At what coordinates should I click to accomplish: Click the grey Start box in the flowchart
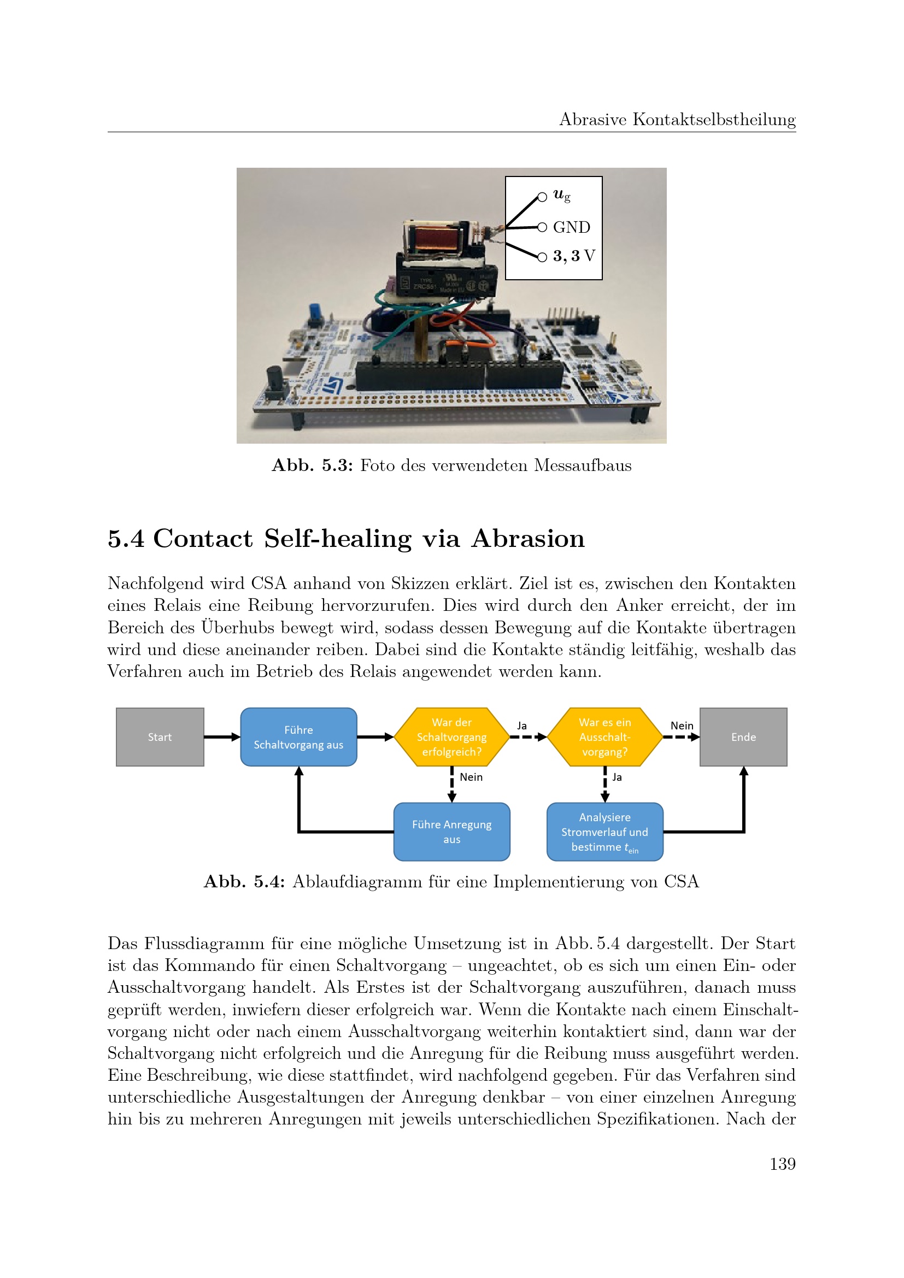pos(160,737)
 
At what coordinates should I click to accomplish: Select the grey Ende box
pos(743,737)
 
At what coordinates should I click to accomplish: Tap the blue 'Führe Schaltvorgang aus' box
pos(298,737)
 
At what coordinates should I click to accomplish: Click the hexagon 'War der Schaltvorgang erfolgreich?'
pos(451,737)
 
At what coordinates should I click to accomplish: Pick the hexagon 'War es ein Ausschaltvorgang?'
pos(604,737)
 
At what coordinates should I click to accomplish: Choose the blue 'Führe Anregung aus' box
pos(451,832)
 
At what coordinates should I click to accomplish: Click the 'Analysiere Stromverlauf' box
pos(604,832)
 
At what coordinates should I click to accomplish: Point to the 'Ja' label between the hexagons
pos(521,725)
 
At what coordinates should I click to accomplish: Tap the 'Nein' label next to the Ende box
pos(682,725)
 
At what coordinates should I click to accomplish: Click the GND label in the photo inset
pos(571,227)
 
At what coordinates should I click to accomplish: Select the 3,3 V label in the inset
pos(573,256)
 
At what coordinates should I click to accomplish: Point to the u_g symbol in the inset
pos(561,196)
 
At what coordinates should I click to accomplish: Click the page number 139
pos(782,1163)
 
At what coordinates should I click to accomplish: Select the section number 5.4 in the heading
pos(126,539)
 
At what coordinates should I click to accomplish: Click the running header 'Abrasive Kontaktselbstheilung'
pos(677,120)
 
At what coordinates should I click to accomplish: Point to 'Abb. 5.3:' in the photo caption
pos(312,466)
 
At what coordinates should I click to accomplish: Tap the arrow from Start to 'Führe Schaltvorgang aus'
pos(222,737)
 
